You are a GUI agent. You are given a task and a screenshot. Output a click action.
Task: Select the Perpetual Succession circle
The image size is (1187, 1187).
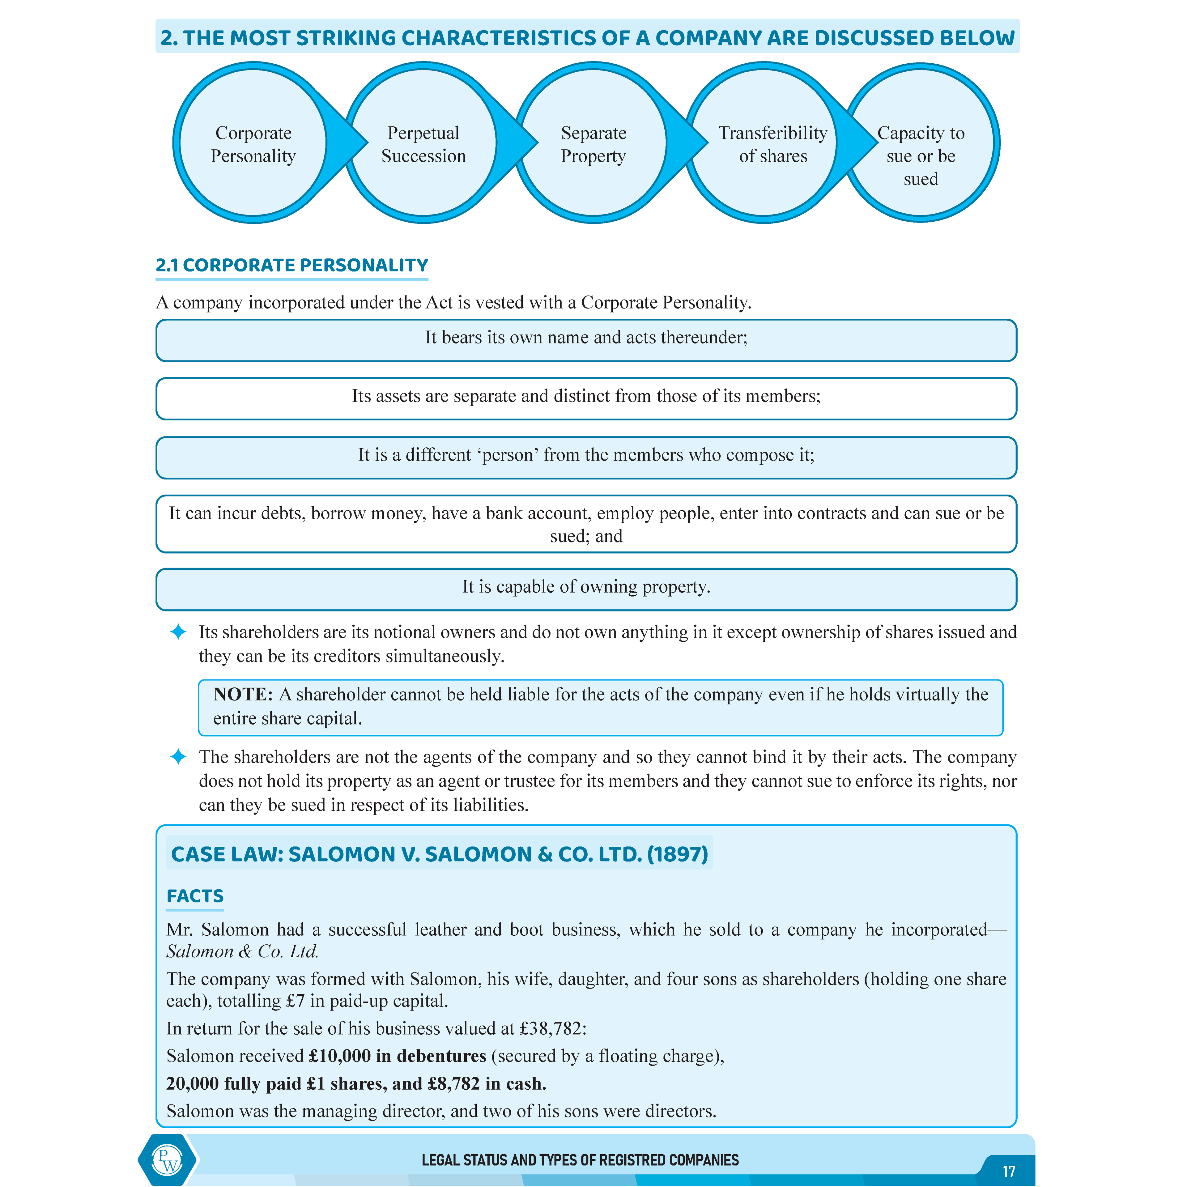coord(423,144)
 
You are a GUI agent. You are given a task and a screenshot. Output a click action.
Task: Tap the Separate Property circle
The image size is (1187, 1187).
coord(593,144)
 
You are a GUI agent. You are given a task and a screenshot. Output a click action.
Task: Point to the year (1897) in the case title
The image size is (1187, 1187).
coord(677,854)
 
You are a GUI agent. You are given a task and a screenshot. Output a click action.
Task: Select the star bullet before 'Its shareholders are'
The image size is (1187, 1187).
coord(178,632)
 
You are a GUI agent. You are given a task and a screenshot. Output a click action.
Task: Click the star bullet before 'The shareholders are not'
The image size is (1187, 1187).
coord(178,756)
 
